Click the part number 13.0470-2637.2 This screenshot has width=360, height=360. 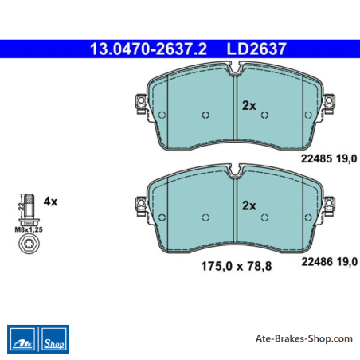click(148, 49)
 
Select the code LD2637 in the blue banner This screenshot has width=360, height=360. click(256, 49)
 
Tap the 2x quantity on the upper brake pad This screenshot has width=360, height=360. click(248, 106)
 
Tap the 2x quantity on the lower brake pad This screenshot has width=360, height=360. click(248, 205)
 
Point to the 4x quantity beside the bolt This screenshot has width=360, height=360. click(50, 202)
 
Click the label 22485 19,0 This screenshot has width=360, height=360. click(329, 158)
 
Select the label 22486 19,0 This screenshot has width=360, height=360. click(329, 262)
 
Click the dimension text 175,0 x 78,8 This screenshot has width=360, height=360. click(237, 266)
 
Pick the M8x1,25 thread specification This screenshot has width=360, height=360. click(29, 229)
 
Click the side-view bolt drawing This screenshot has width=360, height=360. click(29, 209)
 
